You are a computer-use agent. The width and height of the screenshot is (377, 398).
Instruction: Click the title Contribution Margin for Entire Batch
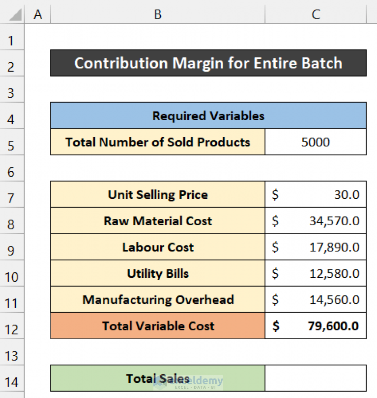(208, 63)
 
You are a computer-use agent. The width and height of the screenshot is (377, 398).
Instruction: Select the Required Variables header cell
(208, 116)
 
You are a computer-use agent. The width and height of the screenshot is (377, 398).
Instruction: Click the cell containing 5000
(316, 142)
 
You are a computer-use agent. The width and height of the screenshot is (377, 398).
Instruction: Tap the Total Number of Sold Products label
(158, 142)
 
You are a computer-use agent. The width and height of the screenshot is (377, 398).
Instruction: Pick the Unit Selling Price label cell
(158, 195)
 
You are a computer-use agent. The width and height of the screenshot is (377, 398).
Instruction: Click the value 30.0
(347, 195)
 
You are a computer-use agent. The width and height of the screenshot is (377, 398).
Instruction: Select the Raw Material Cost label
(158, 221)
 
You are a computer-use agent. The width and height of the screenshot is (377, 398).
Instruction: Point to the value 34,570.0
(334, 221)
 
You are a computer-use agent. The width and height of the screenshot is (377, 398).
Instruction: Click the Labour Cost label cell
(158, 247)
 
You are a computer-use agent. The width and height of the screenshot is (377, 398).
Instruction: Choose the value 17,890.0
(334, 247)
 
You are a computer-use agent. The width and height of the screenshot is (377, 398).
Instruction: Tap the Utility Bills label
(158, 273)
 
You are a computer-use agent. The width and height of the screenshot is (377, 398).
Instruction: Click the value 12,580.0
(334, 273)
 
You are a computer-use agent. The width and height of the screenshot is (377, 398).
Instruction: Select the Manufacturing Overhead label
(158, 300)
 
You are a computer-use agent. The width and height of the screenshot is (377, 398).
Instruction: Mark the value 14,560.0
(334, 300)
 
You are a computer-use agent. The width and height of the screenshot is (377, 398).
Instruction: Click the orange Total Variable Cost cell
(158, 326)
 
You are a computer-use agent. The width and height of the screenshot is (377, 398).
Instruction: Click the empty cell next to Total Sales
(316, 378)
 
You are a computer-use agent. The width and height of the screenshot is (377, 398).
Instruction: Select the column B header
(158, 15)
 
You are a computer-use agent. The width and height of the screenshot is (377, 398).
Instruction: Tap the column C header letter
(316, 15)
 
